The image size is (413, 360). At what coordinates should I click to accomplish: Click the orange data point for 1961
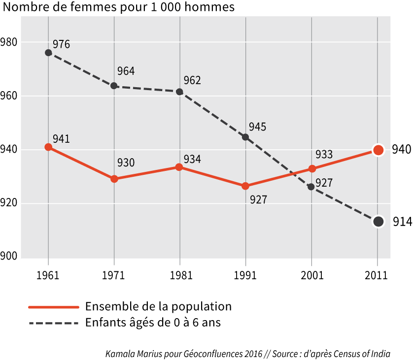pyautogui.click(x=48, y=147)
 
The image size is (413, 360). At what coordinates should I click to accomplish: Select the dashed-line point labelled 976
pyautogui.click(x=48, y=53)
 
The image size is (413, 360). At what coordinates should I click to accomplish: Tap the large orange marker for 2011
pyautogui.click(x=378, y=150)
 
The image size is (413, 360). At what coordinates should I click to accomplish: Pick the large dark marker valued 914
pyautogui.click(x=378, y=222)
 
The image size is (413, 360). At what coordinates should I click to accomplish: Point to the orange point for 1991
pyautogui.click(x=245, y=186)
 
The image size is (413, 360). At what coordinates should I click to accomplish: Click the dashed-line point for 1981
pyautogui.click(x=179, y=92)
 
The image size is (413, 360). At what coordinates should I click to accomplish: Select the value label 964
pyautogui.click(x=126, y=71)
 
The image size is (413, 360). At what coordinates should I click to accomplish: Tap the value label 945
pyautogui.click(x=257, y=127)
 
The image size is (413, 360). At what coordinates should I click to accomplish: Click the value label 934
pyautogui.click(x=192, y=160)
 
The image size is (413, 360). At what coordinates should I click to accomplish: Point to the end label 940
pyautogui.click(x=401, y=150)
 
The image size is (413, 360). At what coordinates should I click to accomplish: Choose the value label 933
pyautogui.click(x=324, y=155)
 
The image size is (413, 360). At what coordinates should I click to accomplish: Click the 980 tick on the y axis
pyautogui.click(x=9, y=42)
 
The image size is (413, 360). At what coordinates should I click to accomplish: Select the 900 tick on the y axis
pyautogui.click(x=9, y=256)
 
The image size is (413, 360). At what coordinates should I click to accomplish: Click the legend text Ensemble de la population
pyautogui.click(x=158, y=306)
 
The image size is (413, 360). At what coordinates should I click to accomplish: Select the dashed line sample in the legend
pyautogui.click(x=54, y=323)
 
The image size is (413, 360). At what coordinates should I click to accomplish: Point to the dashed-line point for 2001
pyautogui.click(x=311, y=187)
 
